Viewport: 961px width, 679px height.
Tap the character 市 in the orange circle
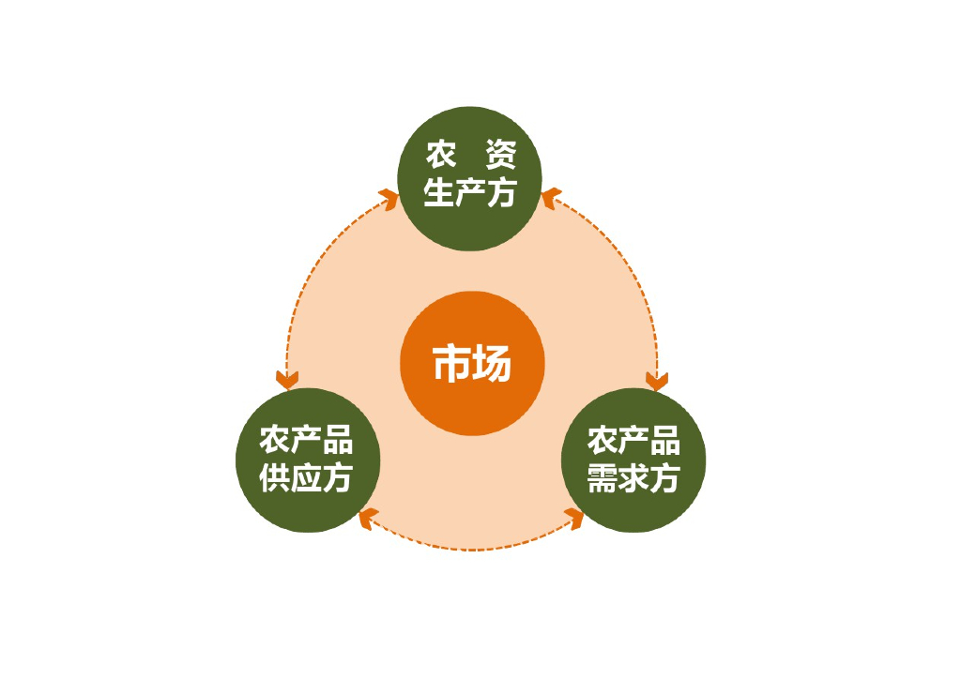coord(451,363)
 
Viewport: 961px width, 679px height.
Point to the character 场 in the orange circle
coord(493,363)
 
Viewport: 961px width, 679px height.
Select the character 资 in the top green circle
coord(498,154)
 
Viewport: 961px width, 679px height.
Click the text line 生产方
coord(469,193)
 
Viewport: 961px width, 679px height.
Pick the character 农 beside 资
coord(441,154)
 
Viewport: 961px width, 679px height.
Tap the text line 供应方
coord(306,478)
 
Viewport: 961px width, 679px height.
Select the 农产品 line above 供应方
coord(306,439)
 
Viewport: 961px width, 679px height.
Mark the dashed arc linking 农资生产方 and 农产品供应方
coord(314,272)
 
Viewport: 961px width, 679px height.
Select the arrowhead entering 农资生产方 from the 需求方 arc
coord(551,200)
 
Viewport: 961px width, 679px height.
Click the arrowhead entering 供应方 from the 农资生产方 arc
coord(287,379)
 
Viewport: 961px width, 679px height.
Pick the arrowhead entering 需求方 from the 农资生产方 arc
coord(656,380)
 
